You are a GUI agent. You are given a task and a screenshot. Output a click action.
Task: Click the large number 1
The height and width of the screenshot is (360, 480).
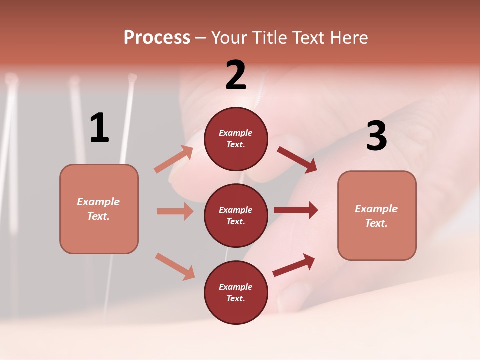99,128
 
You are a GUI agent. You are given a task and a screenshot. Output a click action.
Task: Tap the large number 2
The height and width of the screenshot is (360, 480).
236,75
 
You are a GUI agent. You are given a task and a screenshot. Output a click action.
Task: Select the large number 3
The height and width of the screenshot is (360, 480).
376,136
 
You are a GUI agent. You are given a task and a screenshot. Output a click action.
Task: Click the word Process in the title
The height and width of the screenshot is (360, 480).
157,37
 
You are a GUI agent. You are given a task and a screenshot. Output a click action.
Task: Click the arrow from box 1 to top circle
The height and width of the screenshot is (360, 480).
174,159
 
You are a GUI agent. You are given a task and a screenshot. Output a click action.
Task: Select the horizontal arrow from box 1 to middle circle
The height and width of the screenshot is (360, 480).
175,211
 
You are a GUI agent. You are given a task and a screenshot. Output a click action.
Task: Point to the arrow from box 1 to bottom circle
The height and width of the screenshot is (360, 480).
175,266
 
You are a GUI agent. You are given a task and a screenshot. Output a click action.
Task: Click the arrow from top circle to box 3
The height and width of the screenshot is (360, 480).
297,160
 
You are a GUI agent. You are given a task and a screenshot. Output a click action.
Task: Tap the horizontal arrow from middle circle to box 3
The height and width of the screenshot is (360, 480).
296,210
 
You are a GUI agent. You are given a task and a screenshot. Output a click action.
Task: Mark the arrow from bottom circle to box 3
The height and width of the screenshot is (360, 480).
294,265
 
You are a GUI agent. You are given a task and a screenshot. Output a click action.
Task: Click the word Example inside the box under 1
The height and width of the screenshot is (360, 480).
98,202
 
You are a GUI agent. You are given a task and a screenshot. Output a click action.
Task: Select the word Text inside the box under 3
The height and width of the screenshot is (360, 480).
376,223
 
